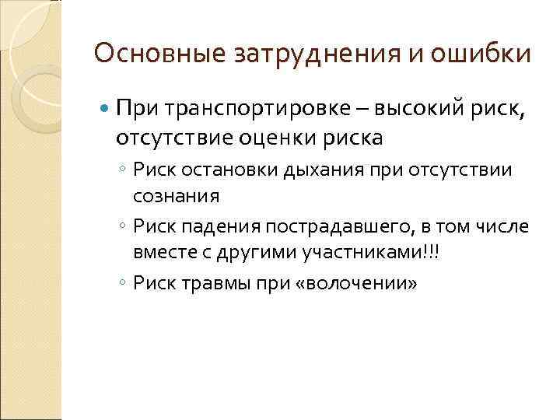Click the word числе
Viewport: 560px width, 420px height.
pos(503,226)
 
